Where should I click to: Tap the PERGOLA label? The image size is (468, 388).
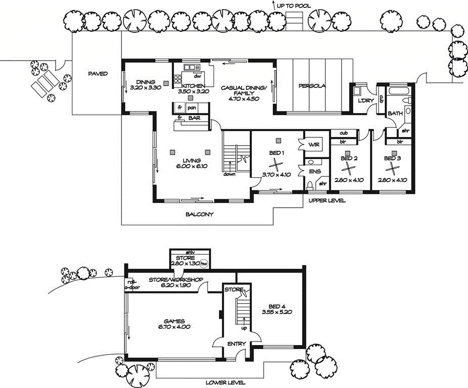pyautogui.click(x=312, y=86)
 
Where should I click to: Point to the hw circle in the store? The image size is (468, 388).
pyautogui.click(x=204, y=264)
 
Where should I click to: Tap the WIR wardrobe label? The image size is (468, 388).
pyautogui.click(x=314, y=145)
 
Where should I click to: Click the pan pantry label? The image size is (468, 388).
pyautogui.click(x=191, y=108)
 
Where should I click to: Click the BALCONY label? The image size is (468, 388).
pyautogui.click(x=199, y=214)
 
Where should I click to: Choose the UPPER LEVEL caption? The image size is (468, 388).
pyautogui.click(x=327, y=201)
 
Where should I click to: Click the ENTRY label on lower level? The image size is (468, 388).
pyautogui.click(x=236, y=344)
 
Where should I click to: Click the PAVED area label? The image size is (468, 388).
pyautogui.click(x=97, y=73)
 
